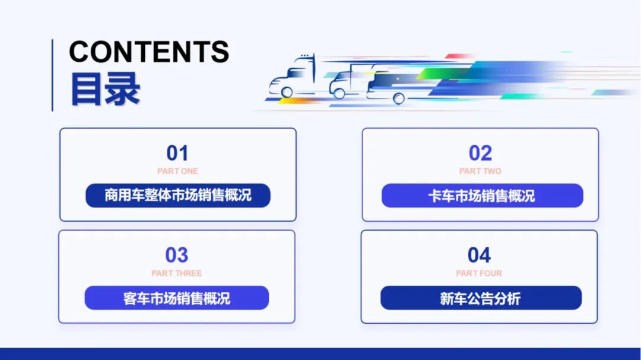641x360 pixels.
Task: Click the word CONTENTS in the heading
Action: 149,52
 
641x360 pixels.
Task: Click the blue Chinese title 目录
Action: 105,89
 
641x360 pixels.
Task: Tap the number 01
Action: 177,153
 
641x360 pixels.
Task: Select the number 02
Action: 480,153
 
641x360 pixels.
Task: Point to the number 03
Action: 176,255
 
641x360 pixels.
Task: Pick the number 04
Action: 479,255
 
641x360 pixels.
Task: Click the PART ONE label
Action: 177,171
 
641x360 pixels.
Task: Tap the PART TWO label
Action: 480,171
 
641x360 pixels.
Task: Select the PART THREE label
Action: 176,273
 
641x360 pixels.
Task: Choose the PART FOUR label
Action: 479,273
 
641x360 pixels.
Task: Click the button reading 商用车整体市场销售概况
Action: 178,195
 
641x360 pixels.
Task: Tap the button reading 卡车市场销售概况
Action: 482,196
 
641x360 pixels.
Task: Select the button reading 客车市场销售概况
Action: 177,298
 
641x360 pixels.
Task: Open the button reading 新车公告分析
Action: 481,298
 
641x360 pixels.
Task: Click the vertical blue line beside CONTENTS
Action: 52,75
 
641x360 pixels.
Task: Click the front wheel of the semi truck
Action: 287,92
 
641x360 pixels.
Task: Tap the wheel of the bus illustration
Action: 399,98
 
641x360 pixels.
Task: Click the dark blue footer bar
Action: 320,353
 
